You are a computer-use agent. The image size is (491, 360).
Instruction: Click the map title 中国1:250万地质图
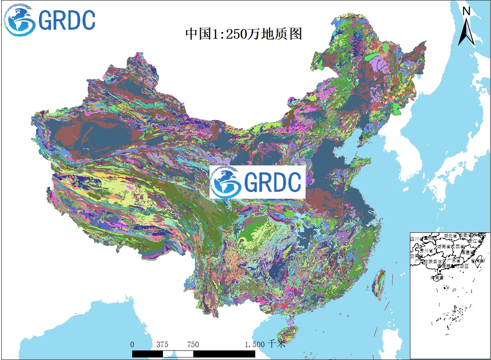(x=244, y=34)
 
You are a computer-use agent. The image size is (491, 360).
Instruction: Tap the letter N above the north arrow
(x=466, y=11)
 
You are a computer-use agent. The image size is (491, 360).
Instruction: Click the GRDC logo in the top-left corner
(x=50, y=20)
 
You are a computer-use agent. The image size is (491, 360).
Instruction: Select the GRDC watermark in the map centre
(x=257, y=182)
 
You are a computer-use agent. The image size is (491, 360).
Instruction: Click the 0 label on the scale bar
(x=132, y=344)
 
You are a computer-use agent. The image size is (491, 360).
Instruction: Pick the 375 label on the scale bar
(x=163, y=344)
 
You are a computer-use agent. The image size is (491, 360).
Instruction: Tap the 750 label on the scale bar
(x=193, y=344)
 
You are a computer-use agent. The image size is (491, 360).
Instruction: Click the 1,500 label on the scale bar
(x=254, y=344)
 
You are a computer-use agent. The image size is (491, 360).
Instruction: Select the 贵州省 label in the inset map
(x=427, y=251)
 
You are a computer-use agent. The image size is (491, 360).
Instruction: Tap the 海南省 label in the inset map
(x=437, y=277)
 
